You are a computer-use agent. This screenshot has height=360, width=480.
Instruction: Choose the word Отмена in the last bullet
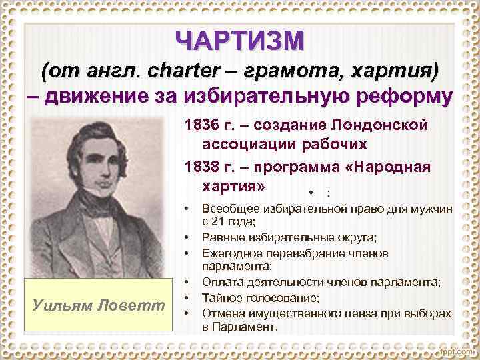pos(222,314)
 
